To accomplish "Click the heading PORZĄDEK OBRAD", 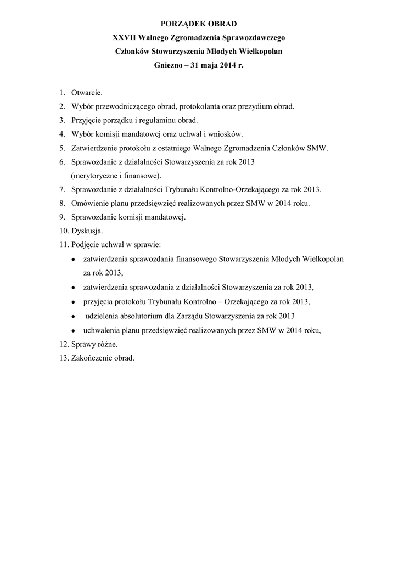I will pyautogui.click(x=199, y=24).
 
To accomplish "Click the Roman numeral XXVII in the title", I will pyautogui.click(x=124, y=38).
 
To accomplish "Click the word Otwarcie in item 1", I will pyautogui.click(x=87, y=93).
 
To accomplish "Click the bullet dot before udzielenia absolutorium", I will pyautogui.click(x=73, y=317).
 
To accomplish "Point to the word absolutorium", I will pyautogui.click(x=144, y=316).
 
